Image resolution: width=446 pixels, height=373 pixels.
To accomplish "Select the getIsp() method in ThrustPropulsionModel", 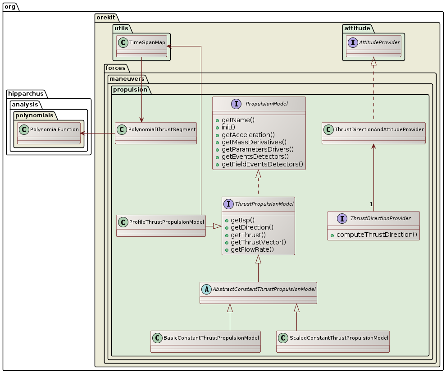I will point(242,220).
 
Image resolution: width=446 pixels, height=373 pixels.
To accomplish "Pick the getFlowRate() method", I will point(252,249).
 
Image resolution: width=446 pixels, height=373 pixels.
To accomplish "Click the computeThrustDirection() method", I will point(377,235).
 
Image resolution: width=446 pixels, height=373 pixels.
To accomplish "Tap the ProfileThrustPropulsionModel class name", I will point(167,222).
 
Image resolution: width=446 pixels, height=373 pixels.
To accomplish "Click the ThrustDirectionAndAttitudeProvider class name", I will point(379,129).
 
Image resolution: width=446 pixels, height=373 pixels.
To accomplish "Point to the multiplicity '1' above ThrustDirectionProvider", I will point(371,205).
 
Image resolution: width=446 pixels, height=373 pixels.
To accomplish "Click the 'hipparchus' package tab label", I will point(25,94).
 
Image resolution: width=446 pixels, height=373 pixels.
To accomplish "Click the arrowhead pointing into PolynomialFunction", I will point(82,133).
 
